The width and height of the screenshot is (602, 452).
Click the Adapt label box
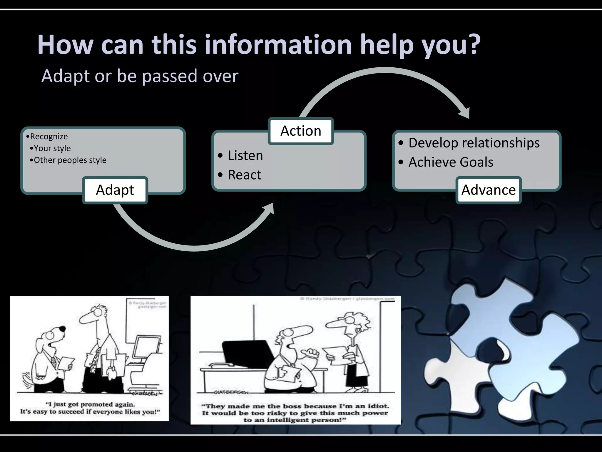(115, 190)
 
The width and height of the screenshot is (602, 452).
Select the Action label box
(301, 131)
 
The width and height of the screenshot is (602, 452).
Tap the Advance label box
(488, 190)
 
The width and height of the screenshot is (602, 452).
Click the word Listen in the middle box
(245, 155)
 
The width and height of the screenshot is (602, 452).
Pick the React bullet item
(244, 175)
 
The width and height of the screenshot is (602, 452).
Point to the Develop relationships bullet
(474, 143)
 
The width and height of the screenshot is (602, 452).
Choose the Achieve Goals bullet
(451, 162)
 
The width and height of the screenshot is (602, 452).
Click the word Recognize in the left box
(49, 137)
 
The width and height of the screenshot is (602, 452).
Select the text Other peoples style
(70, 160)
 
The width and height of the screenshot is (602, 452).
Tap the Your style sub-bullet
(52, 148)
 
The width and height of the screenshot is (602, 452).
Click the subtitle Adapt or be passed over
(140, 76)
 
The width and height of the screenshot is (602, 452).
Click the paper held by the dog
(66, 363)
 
